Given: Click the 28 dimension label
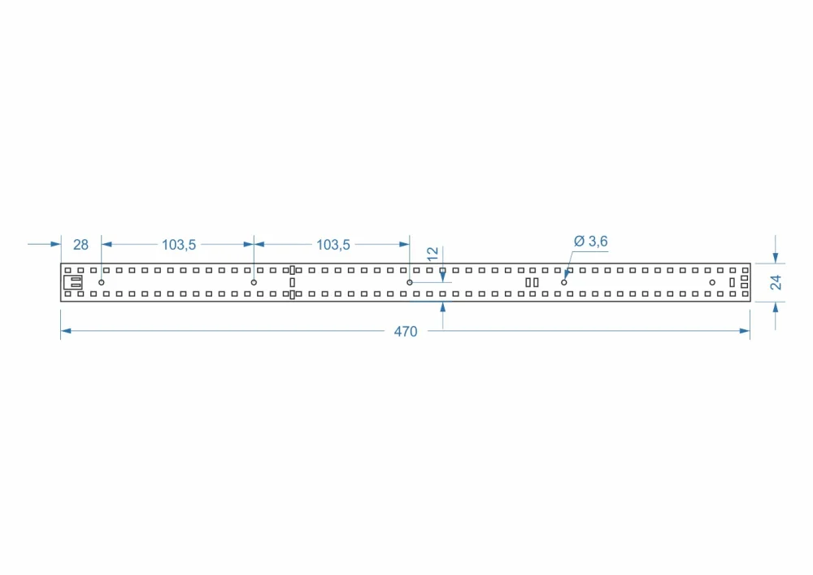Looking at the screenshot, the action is pyautogui.click(x=80, y=245).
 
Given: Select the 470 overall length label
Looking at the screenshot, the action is pyautogui.click(x=406, y=331).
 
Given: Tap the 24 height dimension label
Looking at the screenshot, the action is pyautogui.click(x=775, y=282).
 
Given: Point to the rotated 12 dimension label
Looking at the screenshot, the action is pyautogui.click(x=433, y=254).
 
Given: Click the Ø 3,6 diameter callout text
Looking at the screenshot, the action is pyautogui.click(x=590, y=241).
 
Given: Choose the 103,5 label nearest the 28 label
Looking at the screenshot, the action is pyautogui.click(x=179, y=245).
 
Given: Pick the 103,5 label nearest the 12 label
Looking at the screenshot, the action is pyautogui.click(x=333, y=245).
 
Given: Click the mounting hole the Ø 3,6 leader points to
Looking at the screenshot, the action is pyautogui.click(x=564, y=282).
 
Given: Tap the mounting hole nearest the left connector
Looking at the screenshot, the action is pyautogui.click(x=102, y=282).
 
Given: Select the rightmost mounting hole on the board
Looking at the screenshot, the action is pyautogui.click(x=712, y=282).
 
